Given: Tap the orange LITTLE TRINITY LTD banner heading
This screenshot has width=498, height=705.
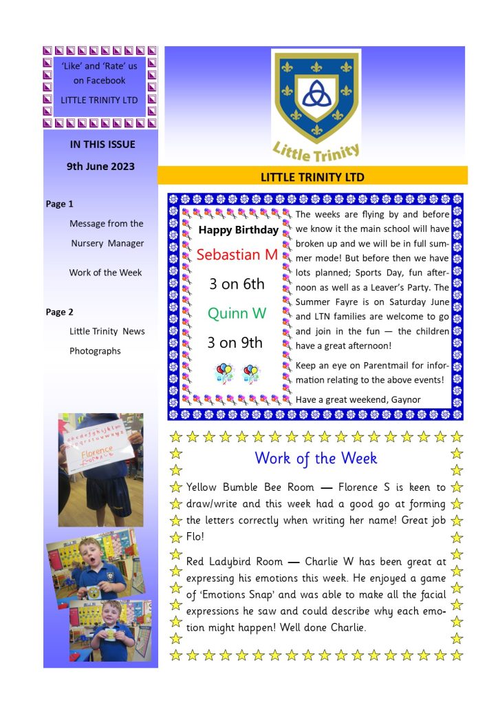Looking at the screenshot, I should (312, 177).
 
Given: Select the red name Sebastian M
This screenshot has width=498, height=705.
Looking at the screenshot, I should (237, 255).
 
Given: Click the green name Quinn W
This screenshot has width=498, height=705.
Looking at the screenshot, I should (237, 314).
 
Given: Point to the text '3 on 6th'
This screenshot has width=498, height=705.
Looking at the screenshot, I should (237, 284).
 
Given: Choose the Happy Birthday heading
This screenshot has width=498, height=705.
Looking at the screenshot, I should (238, 230).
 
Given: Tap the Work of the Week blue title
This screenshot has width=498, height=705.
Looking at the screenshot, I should (316, 458).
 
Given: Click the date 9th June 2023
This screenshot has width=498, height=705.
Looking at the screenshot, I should (100, 166).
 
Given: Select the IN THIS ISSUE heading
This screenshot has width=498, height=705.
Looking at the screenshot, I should (102, 145).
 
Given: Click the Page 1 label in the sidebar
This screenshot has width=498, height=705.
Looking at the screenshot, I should (59, 204).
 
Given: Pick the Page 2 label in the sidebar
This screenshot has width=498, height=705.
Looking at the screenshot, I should (59, 312).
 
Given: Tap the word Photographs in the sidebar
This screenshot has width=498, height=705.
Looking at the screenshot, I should (95, 350).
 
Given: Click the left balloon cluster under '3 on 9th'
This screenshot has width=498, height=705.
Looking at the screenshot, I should (224, 373).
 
